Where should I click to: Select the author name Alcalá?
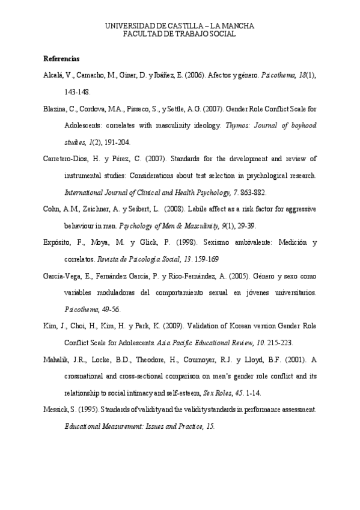coord(53,76)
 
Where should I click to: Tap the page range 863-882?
coord(251,193)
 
